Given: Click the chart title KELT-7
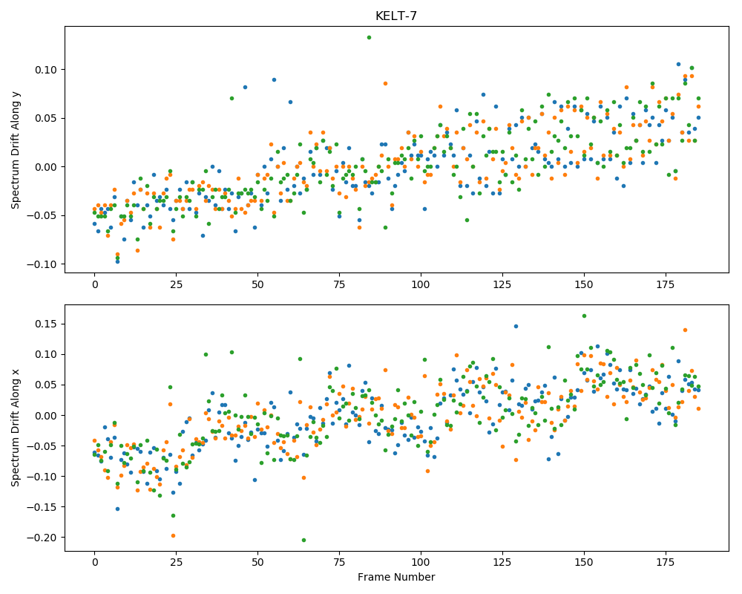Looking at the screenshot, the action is click(x=396, y=16).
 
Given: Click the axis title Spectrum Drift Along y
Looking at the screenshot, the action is click(x=16, y=150).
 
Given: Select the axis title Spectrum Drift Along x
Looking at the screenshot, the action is click(x=16, y=427).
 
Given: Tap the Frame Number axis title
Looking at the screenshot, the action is click(x=396, y=577).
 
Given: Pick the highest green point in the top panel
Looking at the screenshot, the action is click(x=369, y=37).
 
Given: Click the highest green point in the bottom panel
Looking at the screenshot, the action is click(x=584, y=316).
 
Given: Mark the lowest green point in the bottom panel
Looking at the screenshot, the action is click(x=303, y=540).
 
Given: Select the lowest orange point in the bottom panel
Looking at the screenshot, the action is click(x=173, y=536).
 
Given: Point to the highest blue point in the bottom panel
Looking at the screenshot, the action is click(x=516, y=327).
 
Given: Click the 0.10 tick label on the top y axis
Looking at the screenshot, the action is click(x=46, y=70).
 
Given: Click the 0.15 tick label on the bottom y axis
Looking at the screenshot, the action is click(x=46, y=324).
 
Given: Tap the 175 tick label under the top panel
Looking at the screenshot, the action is click(x=666, y=284).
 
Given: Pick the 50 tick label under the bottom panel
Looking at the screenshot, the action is click(x=258, y=562).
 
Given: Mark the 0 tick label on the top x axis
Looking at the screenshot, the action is click(x=95, y=284).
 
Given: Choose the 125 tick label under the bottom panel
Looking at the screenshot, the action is click(x=502, y=562).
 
